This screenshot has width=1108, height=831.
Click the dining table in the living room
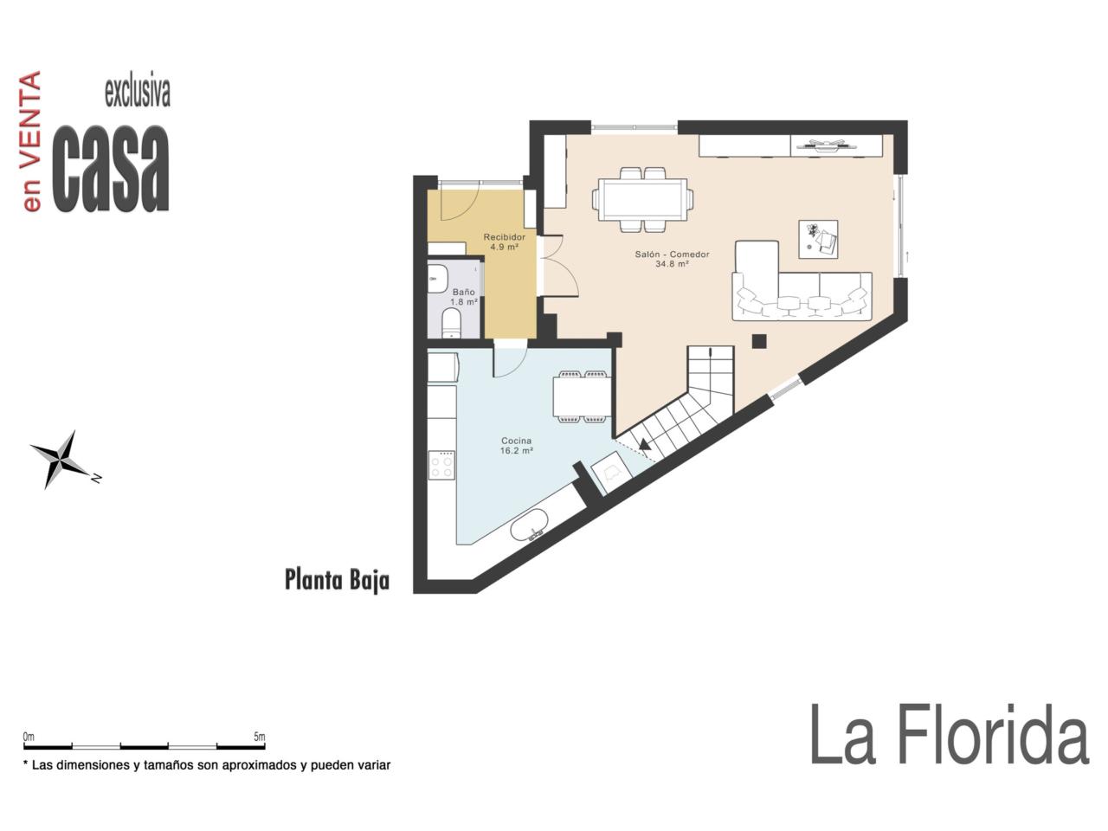coord(642,200)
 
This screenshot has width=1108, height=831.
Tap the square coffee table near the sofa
coord(818,239)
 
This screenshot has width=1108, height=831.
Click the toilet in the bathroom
coord(451,323)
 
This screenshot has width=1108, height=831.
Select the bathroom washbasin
coord(437,279)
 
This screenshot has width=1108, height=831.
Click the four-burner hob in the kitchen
coord(441,466)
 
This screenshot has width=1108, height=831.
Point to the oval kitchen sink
coord(529,525)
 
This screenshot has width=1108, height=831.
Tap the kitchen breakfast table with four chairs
coord(583,396)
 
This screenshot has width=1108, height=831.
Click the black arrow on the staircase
coord(645,444)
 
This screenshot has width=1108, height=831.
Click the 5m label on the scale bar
coord(260,737)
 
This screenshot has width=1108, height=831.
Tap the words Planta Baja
coord(337,580)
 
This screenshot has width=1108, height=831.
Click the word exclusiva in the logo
coord(138,93)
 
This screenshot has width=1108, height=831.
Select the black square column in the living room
coord(759,342)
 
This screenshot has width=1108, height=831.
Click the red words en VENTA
coord(31,141)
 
